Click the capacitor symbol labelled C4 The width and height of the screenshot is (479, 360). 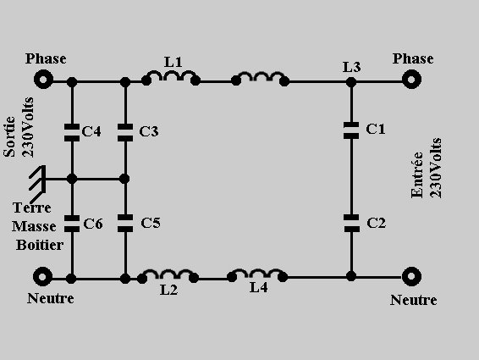tap(72, 132)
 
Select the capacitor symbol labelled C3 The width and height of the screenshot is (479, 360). tap(125, 132)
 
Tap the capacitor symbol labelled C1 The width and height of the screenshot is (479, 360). tap(351, 130)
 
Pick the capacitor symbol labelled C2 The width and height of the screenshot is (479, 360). tap(351, 224)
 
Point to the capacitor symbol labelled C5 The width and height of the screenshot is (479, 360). tap(125, 224)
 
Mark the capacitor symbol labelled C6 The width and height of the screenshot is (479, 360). tap(72, 224)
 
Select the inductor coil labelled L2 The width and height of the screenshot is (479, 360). tap(168, 275)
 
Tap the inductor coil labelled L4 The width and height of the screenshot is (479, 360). tap(257, 274)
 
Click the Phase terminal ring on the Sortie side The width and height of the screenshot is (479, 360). tap(43, 80)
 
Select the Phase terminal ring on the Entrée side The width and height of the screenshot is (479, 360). tap(411, 80)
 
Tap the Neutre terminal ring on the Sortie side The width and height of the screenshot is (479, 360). tap(42, 277)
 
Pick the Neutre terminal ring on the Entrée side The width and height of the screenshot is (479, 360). tap(411, 276)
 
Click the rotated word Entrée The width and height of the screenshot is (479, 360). tap(417, 174)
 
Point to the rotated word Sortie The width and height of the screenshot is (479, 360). tap(9, 136)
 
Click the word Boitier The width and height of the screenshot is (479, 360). tap(40, 245)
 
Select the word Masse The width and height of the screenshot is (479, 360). tap(34, 227)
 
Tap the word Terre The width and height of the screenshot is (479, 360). tap(32, 208)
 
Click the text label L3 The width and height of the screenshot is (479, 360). tap(351, 67)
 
